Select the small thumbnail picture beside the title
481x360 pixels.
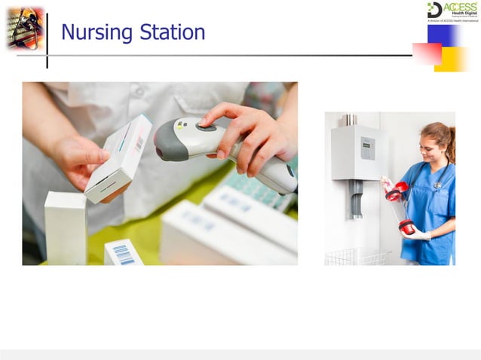click(x=26, y=29)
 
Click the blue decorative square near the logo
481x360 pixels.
click(x=441, y=35)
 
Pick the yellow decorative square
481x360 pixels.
click(x=452, y=59)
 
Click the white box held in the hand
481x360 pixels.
click(x=118, y=158)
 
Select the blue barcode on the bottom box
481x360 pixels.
click(x=124, y=254)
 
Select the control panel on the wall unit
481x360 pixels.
click(x=367, y=148)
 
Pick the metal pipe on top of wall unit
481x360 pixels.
click(x=351, y=120)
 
